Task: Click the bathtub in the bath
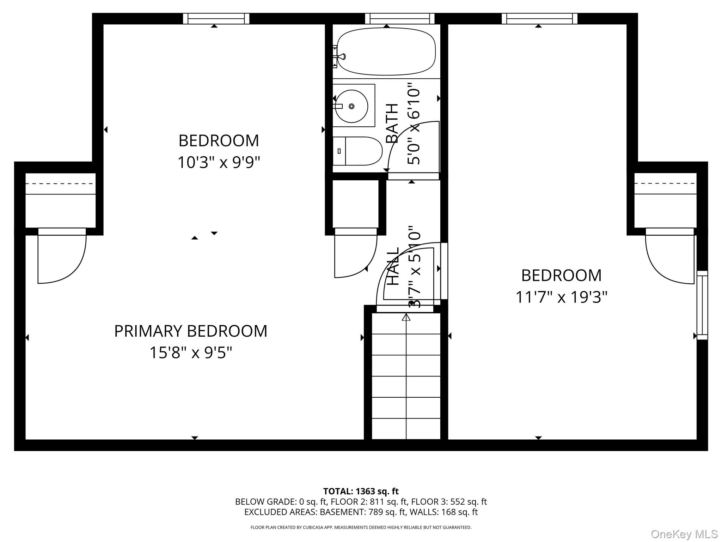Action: point(386,52)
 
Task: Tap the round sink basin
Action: point(351,106)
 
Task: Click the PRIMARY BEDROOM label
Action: point(191,331)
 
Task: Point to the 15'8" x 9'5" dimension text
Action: point(191,353)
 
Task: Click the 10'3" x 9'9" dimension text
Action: point(219,163)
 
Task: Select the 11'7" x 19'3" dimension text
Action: point(561,297)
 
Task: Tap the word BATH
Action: point(392,123)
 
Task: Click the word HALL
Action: point(393,266)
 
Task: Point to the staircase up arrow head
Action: point(406,317)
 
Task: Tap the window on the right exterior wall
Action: point(702,305)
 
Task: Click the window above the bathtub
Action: point(399,18)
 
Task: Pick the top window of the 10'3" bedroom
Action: point(216,18)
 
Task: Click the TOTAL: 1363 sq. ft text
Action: point(361,491)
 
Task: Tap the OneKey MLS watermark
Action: point(684,534)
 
